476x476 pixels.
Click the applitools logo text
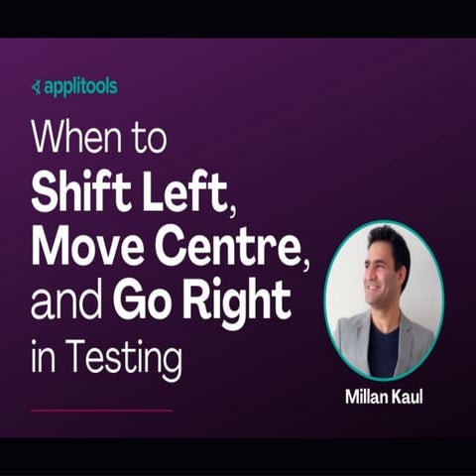(x=79, y=86)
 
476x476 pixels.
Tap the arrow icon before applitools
(x=36, y=87)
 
